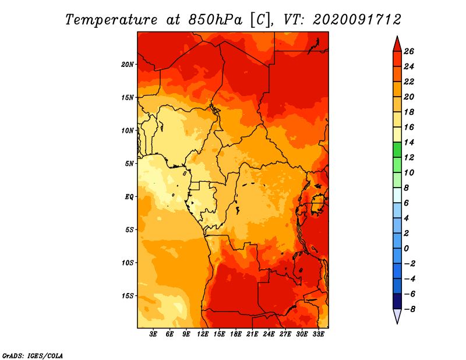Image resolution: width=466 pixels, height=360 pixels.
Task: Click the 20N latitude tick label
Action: coord(128,65)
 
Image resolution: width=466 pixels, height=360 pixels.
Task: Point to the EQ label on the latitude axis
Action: coord(129,197)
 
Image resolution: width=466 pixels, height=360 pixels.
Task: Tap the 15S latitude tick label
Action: coord(128,296)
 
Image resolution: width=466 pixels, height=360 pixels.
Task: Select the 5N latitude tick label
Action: coord(129,164)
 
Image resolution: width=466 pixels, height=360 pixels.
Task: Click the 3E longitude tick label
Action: coord(153,334)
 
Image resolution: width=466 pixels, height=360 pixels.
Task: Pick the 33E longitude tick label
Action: coord(318,334)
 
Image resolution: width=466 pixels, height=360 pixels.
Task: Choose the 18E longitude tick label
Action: coord(236,334)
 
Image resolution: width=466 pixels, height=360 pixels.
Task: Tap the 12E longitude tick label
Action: coord(203,334)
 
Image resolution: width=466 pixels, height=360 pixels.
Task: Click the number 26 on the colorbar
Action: coord(409,52)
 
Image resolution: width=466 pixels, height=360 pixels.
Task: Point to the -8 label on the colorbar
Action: coord(409,309)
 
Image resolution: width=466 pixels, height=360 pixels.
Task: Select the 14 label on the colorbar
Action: coord(409,142)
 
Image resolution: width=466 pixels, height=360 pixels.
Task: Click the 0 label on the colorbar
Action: coord(406,249)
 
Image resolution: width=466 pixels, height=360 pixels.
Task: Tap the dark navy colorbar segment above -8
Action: coord(397,301)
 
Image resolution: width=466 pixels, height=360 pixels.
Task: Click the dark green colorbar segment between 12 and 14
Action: coord(397,150)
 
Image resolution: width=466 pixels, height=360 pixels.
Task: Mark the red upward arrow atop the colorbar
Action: coord(397,44)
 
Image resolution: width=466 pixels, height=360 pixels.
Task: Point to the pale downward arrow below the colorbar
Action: coord(397,316)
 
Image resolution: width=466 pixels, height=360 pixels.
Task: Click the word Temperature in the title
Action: coord(111,20)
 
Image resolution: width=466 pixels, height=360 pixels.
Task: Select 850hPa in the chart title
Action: coord(215,20)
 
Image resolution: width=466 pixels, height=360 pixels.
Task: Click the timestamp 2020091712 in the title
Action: coord(357,20)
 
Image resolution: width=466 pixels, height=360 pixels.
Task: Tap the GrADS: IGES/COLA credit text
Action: coord(33,356)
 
